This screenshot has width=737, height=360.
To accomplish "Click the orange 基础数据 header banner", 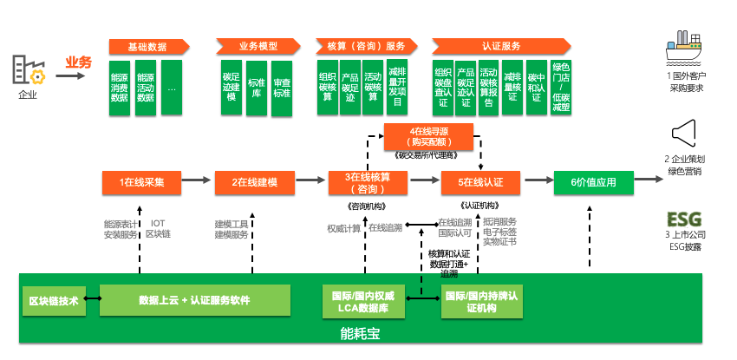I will (148, 46).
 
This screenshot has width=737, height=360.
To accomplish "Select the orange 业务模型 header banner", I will (258, 46).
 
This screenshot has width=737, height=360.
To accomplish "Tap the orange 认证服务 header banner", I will (500, 46).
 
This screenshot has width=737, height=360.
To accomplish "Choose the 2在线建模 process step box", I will (254, 182).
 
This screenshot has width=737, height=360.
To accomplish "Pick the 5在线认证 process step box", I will (479, 182).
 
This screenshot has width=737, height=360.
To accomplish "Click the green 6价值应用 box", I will (592, 182).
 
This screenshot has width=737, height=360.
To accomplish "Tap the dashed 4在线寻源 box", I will (429, 136).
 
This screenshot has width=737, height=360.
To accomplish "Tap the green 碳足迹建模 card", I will (231, 88).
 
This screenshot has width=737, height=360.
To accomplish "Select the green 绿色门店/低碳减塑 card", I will (560, 88).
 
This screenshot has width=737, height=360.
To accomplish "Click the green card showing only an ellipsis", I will (171, 88).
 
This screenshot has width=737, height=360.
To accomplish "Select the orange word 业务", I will (78, 62).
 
